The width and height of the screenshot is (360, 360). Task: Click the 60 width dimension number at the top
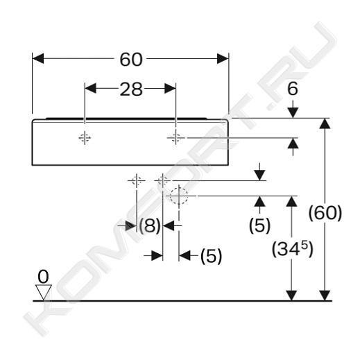(131, 60)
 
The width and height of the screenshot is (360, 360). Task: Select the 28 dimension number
(131, 89)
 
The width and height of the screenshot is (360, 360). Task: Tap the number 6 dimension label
(293, 89)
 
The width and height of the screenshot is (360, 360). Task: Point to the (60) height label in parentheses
(325, 213)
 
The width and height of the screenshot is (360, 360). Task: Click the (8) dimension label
(150, 225)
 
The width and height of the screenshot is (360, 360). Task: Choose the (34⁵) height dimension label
(292, 249)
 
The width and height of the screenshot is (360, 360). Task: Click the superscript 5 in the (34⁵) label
(305, 245)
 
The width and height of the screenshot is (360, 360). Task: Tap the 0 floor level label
(43, 277)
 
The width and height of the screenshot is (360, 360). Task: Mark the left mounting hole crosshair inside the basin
(85, 138)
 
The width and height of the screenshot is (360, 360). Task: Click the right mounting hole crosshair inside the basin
(175, 138)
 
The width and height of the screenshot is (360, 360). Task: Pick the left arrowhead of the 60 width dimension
(38, 58)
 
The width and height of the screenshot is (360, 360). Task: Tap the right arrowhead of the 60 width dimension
(223, 58)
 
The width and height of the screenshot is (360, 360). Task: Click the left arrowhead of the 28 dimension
(90, 88)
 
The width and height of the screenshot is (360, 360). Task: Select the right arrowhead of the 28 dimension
(170, 88)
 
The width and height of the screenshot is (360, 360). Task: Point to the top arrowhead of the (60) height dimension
(325, 123)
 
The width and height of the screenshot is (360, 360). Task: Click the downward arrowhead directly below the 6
(293, 112)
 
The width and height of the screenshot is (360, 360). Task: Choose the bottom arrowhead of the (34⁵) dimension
(291, 295)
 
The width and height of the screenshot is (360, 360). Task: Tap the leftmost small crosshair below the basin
(137, 180)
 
